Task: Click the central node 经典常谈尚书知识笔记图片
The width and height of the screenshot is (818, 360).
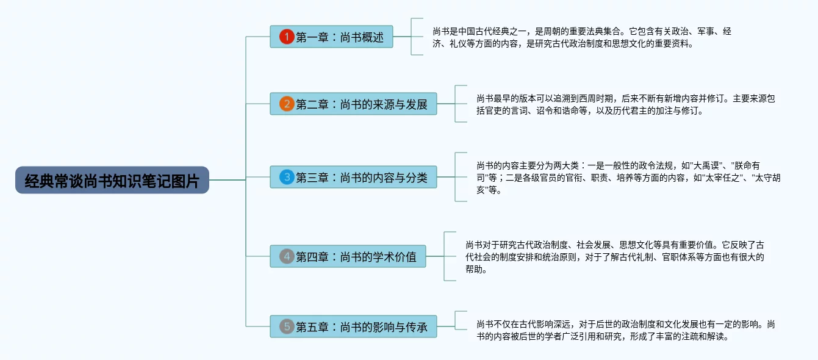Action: coord(112,180)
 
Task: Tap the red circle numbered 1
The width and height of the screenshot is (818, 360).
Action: coord(287,37)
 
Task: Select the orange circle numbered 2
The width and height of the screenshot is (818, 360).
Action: coord(287,104)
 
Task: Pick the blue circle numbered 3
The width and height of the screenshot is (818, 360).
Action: coord(287,177)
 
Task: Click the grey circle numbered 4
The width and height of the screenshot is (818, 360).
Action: coord(287,256)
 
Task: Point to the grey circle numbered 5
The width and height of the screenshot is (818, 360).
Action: coord(287,326)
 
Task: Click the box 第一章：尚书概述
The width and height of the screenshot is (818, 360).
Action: coord(332,37)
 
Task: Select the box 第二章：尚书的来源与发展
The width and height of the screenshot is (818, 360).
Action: coord(354,104)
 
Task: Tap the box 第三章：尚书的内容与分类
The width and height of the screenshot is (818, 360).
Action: coord(354,177)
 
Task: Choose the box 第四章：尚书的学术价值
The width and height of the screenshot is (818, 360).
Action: coord(348,256)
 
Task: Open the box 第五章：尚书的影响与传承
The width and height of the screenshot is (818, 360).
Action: coord(354,326)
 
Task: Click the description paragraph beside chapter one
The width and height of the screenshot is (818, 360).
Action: coord(582,37)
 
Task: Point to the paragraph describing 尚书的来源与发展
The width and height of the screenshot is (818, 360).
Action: coord(626,104)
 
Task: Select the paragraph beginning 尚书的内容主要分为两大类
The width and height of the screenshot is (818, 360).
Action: coord(628,178)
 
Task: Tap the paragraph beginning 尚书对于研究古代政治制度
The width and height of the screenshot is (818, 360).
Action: coord(615,257)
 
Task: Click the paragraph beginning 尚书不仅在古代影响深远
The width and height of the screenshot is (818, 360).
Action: coord(626,330)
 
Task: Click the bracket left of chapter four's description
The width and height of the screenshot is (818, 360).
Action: coord(445,256)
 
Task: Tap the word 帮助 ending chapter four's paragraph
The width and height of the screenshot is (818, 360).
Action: coord(474,270)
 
